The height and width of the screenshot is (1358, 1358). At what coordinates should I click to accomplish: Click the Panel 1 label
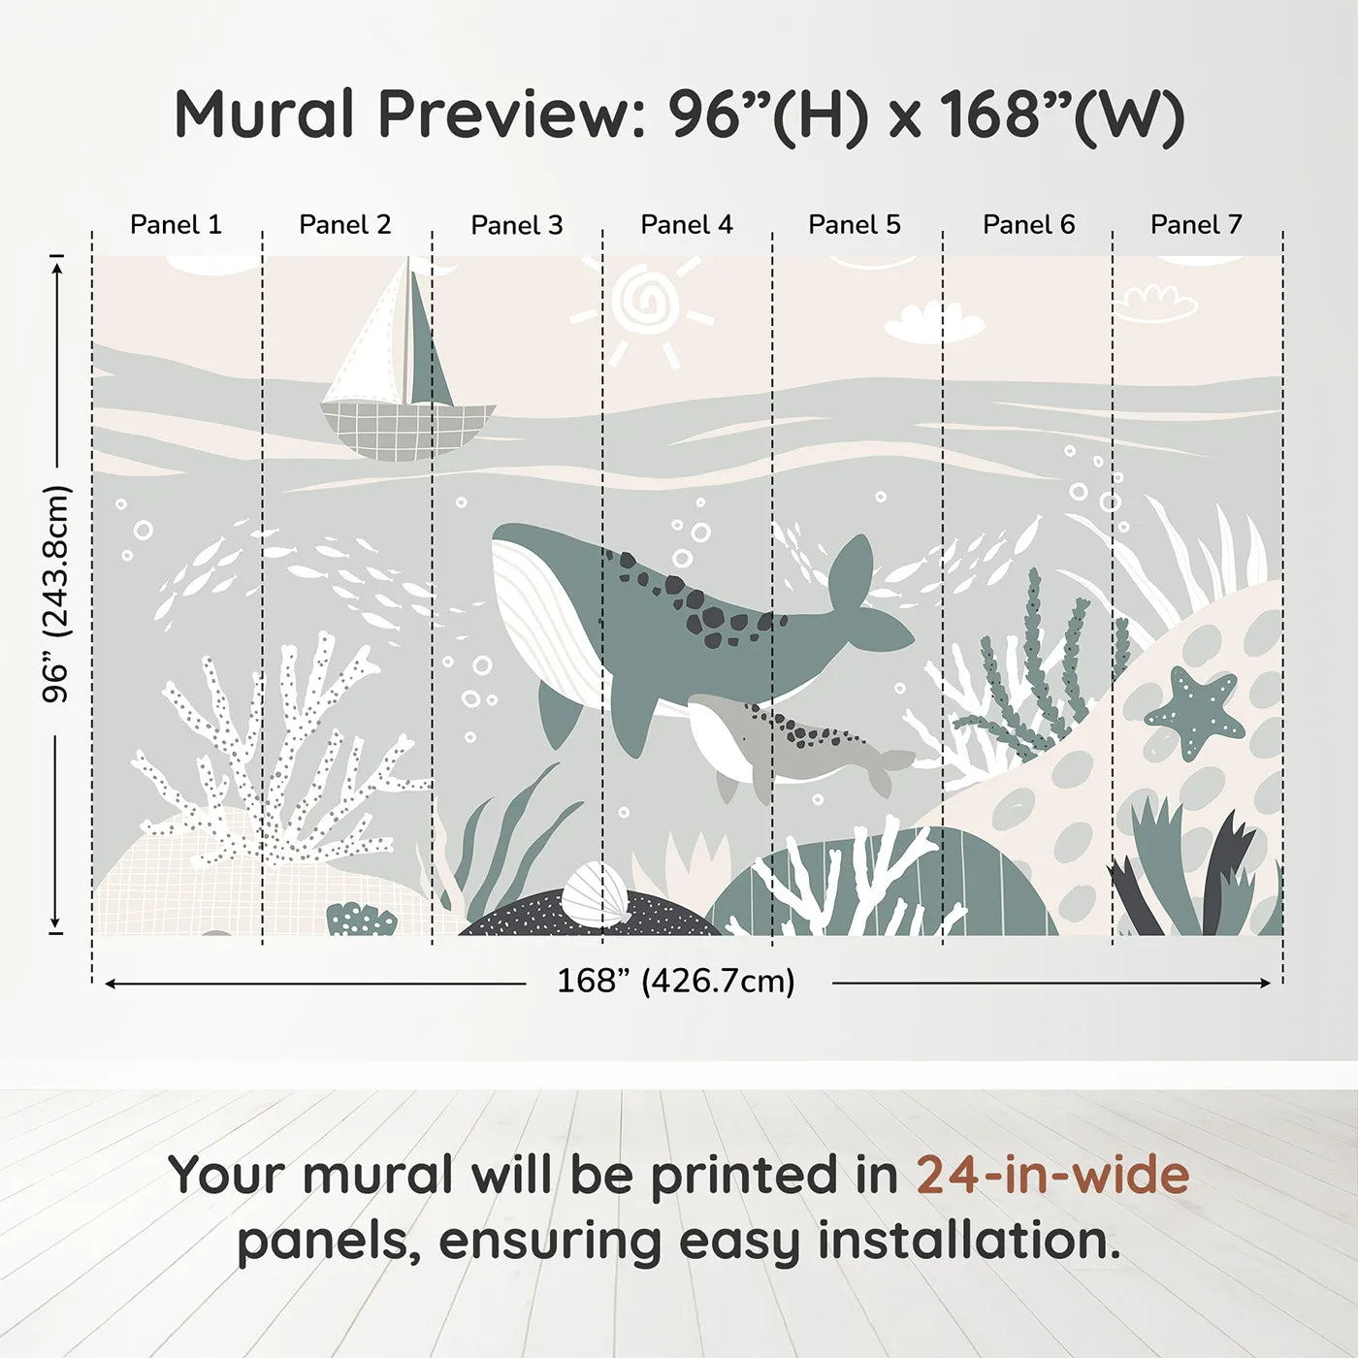pos(176,225)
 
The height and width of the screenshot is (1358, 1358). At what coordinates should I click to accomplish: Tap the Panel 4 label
pos(687,225)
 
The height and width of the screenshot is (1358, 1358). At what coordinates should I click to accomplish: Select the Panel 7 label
pos(1196,225)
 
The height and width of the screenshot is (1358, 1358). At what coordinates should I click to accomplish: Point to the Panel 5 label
pos(855,225)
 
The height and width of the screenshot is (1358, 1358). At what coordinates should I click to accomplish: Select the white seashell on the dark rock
pos(595,895)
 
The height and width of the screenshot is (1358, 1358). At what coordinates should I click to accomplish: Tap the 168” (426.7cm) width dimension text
pos(676,982)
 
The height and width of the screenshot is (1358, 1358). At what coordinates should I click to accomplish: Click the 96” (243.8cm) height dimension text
pos(56,594)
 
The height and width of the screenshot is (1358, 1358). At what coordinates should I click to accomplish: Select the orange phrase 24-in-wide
pos(1052,1175)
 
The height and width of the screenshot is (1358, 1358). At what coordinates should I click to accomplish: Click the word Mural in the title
pos(264,114)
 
